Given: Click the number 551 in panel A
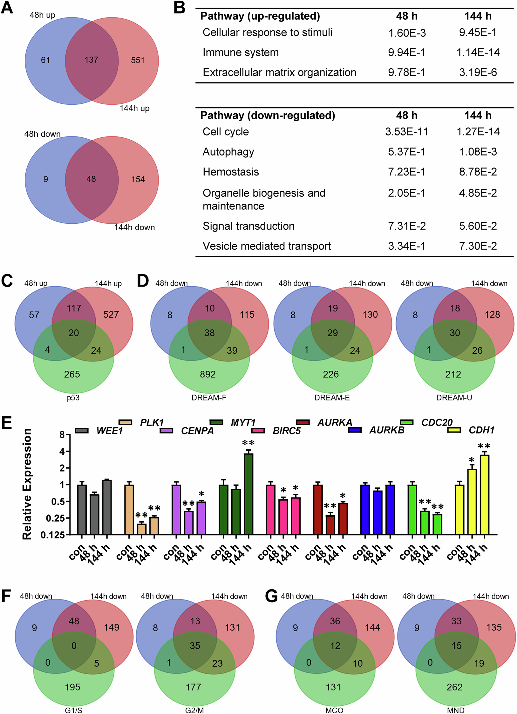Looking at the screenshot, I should (138, 60).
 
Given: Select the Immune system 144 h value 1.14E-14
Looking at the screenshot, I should (478, 52).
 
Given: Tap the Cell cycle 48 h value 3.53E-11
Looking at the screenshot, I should (406, 132).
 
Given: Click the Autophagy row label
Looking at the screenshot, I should (228, 152).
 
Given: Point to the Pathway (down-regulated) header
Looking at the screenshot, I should (268, 116).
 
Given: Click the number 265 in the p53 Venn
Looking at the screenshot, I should (72, 374).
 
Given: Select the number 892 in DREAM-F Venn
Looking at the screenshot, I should (207, 374).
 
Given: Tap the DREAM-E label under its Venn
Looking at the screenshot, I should (332, 398).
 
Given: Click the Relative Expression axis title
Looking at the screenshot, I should (27, 484).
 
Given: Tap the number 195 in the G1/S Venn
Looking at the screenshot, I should (72, 687).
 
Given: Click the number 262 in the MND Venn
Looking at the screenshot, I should (454, 687).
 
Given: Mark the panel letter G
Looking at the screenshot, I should (271, 596).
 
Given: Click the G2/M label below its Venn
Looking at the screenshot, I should (194, 710).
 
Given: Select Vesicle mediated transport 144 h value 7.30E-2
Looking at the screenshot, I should (478, 246).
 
